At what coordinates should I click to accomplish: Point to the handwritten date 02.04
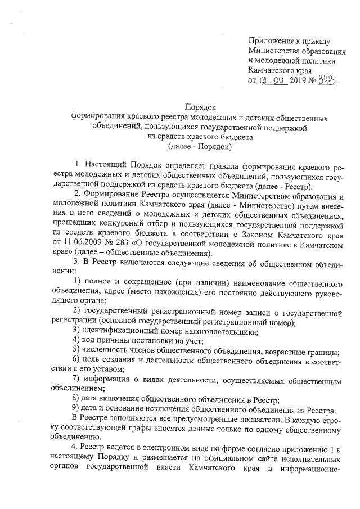tap(273, 80)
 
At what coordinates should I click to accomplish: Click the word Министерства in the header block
tap(280, 51)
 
